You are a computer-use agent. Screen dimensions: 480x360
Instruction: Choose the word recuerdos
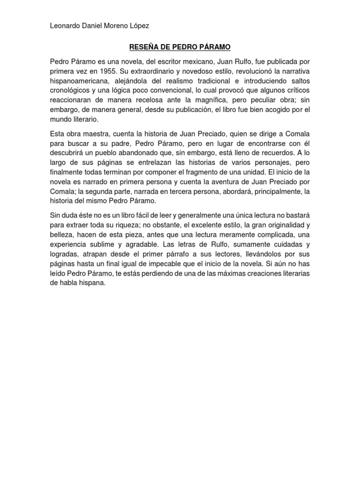click(267, 152)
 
